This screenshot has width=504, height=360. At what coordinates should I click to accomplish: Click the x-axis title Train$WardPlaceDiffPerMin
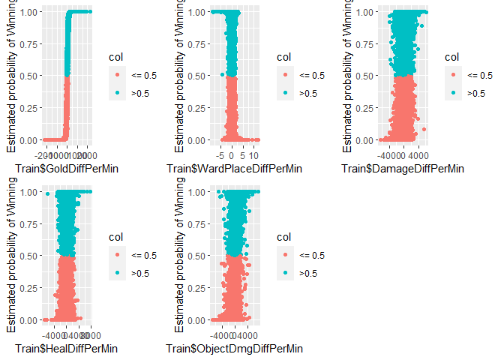click(x=234, y=168)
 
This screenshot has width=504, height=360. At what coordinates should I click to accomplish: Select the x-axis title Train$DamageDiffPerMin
click(x=403, y=168)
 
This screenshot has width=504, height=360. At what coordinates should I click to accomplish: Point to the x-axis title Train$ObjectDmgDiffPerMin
click(x=235, y=348)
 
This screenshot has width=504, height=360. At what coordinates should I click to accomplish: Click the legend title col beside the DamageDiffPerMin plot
click(x=451, y=57)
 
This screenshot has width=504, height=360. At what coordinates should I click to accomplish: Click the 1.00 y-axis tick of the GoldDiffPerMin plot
click(x=30, y=12)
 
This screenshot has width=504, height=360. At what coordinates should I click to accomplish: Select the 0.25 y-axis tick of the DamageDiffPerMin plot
click(x=366, y=108)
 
